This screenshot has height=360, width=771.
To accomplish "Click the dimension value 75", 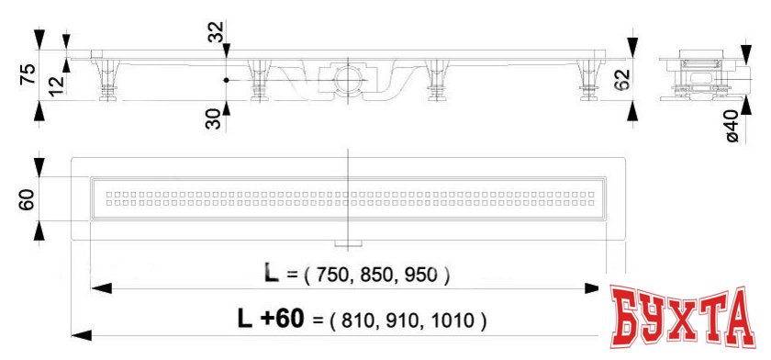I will click(x=28, y=74).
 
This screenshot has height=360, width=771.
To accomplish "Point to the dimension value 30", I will click(x=214, y=118).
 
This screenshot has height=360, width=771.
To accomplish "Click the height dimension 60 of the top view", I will click(x=28, y=198).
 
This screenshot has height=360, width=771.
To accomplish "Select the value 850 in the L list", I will click(x=379, y=275).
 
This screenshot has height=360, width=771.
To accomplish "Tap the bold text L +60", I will click(x=269, y=319).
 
